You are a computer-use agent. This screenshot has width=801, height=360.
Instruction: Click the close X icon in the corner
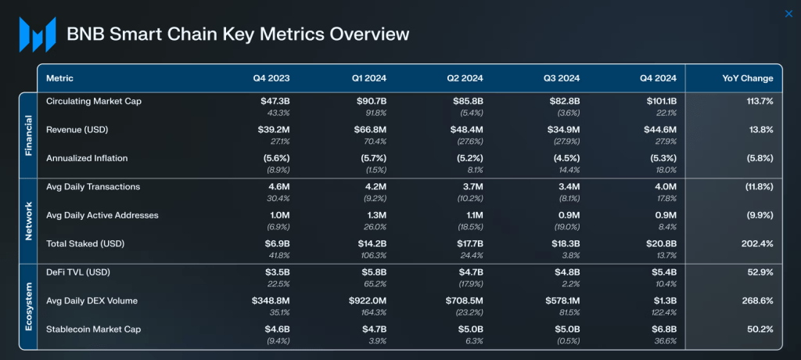788,13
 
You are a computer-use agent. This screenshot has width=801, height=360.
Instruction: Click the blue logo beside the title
38,34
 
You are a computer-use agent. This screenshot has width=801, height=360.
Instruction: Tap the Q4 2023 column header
271,78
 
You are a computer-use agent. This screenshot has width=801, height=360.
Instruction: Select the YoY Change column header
747,78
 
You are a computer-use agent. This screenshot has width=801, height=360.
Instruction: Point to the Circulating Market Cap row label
94,101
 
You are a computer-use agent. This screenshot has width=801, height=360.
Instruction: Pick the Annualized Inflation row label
87,158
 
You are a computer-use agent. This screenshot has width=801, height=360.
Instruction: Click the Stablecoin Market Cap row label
94,329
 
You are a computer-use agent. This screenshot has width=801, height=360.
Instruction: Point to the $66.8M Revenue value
372,129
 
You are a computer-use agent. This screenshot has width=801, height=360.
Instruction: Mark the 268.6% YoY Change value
759,301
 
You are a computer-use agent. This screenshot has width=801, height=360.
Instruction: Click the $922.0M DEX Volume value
367,301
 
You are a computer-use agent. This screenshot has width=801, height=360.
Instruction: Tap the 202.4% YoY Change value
757,243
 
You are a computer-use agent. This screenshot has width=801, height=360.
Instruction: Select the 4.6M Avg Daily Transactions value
278,186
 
